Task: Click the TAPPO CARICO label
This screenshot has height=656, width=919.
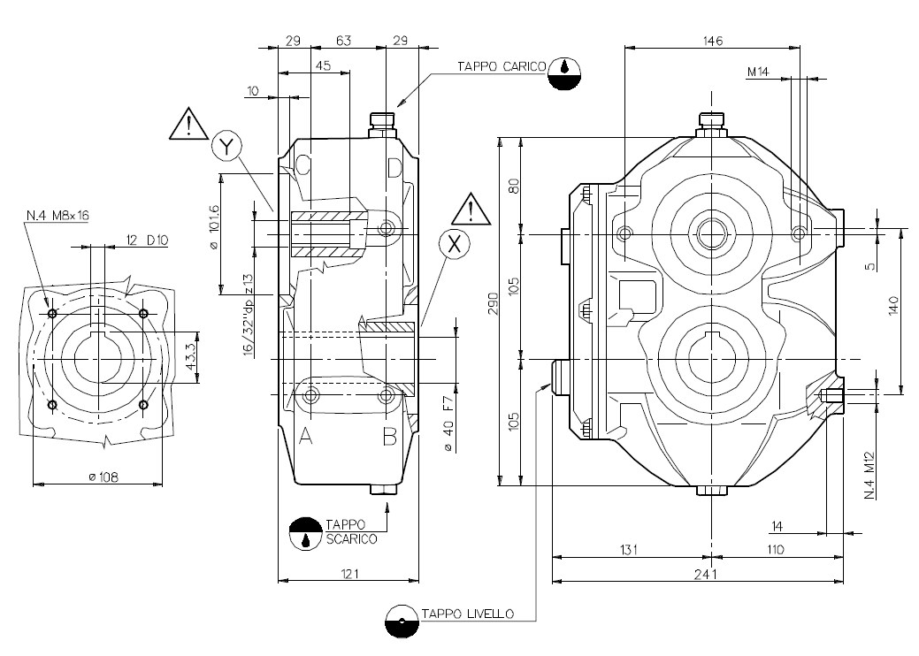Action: [502, 66]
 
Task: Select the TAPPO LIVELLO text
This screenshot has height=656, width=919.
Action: [468, 614]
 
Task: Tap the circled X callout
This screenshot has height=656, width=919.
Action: [455, 244]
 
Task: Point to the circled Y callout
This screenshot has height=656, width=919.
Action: [226, 147]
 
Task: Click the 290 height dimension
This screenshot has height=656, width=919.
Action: [494, 303]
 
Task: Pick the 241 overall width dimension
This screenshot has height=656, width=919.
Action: [705, 574]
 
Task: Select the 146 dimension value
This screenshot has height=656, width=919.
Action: [713, 41]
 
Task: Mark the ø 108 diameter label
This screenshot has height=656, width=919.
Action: [103, 477]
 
